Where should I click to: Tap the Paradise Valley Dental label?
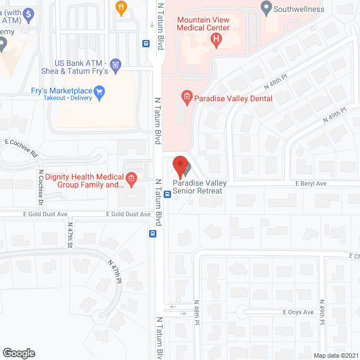tap(233, 98)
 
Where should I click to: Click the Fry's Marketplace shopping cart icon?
tap(100, 91)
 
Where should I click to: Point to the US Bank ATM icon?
tap(116, 65)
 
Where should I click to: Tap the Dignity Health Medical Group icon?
tap(131, 179)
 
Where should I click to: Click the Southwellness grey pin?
tap(266, 8)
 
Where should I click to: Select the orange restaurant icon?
tap(120, 7)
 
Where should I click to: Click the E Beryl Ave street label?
tap(311, 183)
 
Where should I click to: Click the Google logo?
tap(19, 353)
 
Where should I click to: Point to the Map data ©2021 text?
tap(335, 355)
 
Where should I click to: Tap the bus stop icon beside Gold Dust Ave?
tap(152, 233)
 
